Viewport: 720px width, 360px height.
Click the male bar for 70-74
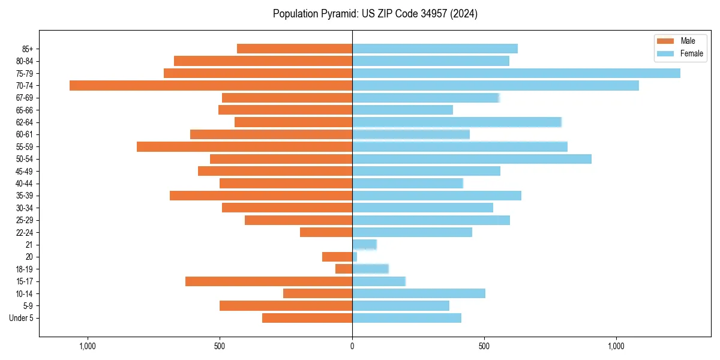211,86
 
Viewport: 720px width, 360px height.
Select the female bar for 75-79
516,73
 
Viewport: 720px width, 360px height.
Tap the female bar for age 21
364,245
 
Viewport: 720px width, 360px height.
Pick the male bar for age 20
337,257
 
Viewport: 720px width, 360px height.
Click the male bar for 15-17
269,281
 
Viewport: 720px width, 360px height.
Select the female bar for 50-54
472,159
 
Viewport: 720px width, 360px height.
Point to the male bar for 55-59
244,147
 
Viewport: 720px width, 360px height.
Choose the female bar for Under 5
407,318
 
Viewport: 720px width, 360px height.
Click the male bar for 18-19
344,269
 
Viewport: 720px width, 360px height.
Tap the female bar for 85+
435,49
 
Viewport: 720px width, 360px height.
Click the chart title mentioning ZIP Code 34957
375,14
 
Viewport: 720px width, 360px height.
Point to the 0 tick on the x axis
352,346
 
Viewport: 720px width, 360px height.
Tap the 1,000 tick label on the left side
88,346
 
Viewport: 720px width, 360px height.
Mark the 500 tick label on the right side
484,346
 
